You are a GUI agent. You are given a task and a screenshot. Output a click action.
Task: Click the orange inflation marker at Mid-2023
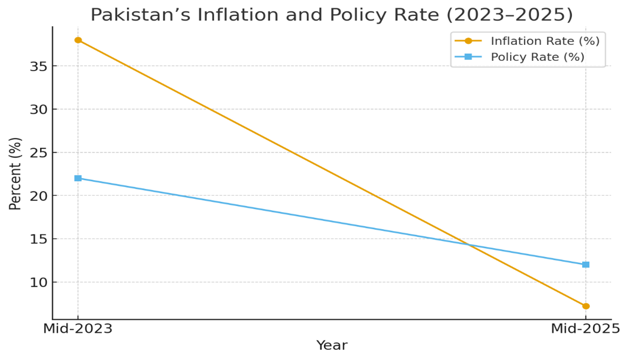point(78,40)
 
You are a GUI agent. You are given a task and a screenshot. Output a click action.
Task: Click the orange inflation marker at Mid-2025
point(585,306)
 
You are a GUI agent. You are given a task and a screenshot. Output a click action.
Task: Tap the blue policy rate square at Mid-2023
point(78,178)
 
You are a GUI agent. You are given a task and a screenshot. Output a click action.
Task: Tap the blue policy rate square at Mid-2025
point(585,265)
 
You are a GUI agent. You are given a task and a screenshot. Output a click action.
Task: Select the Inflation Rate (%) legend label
point(545,41)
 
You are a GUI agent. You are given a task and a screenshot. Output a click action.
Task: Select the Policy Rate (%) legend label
point(537,57)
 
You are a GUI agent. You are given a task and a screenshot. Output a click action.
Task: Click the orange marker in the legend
point(468,41)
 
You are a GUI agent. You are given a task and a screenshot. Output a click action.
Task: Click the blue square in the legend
point(468,57)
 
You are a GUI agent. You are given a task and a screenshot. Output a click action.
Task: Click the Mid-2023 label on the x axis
point(78,329)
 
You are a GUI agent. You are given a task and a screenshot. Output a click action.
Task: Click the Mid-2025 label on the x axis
point(585,329)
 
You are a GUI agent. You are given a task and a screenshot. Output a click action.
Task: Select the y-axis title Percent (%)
point(16,174)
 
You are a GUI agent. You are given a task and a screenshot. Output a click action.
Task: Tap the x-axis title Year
point(331,346)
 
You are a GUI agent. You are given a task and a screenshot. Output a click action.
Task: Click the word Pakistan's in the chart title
point(130,14)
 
